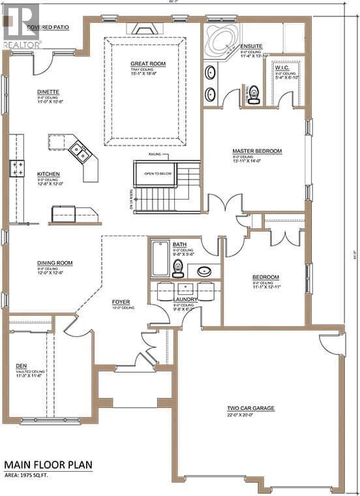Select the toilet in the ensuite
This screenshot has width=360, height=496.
(x=254, y=95)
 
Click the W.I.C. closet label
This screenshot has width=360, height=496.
(x=283, y=68)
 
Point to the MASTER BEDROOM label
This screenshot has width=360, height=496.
(x=257, y=151)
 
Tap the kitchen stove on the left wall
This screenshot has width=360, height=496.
(x=16, y=168)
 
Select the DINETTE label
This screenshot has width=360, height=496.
(x=48, y=92)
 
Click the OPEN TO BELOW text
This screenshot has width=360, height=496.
(x=157, y=174)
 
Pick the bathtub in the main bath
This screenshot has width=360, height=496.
(x=160, y=259)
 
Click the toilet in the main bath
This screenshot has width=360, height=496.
(x=177, y=268)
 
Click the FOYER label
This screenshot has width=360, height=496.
(x=121, y=302)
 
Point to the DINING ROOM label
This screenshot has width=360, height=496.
(x=55, y=263)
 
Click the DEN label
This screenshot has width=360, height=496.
(x=22, y=366)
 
